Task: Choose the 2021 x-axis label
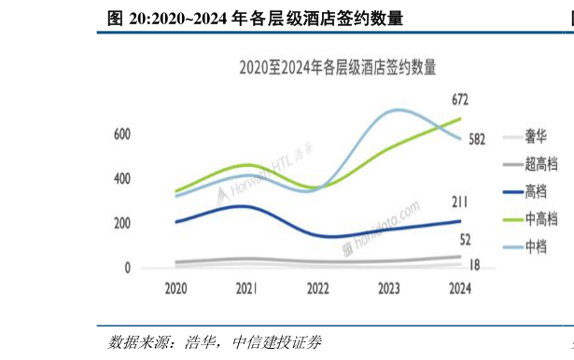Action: pos(246,289)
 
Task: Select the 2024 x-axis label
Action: pos(459,289)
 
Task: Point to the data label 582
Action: pos(478,140)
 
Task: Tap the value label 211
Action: pos(459,202)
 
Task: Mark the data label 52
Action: pos(465,240)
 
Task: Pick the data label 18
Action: pos(473,265)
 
